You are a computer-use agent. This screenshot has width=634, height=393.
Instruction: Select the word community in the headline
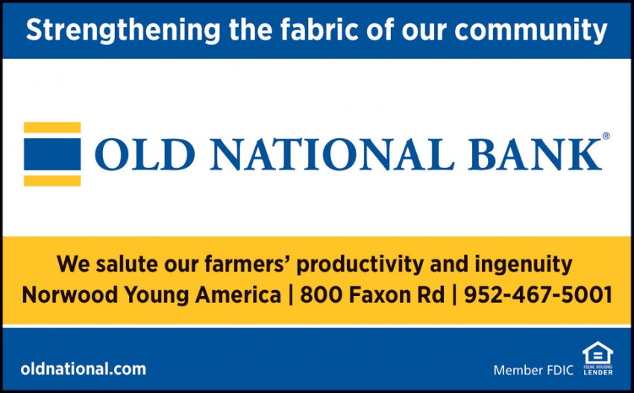click(530, 30)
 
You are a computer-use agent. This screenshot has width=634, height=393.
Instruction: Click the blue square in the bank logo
click(52, 154)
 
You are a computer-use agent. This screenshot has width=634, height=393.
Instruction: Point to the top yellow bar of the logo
click(52, 128)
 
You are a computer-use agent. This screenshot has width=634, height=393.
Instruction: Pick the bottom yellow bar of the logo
click(52, 180)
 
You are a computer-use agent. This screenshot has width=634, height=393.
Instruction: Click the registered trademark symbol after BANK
click(606, 136)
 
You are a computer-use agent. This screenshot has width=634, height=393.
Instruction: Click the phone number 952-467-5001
click(538, 295)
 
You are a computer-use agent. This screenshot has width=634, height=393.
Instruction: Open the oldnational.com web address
click(84, 368)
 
